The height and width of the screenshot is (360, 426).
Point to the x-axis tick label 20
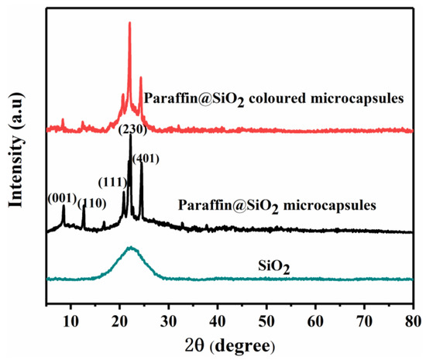point(120,316)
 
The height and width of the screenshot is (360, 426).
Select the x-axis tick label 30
point(169,316)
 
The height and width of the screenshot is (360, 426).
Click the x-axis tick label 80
point(412,316)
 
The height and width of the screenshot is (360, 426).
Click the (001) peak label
point(63,197)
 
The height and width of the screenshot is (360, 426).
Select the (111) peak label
point(113,182)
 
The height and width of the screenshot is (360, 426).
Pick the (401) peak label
point(146,159)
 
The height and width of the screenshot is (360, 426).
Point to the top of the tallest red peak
point(129,23)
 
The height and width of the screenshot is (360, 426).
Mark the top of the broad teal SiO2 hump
point(131,248)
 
